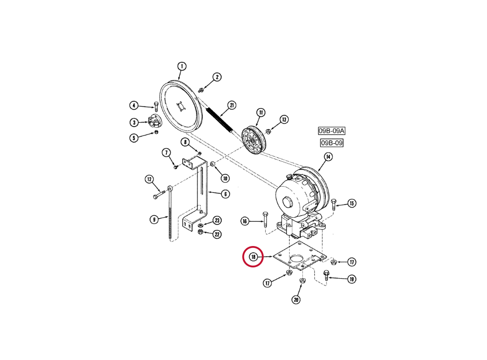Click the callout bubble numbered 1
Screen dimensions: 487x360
click(182, 66)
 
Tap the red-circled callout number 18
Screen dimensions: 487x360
click(253, 257)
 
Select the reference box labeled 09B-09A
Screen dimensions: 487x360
click(331, 131)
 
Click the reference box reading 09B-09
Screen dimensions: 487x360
click(331, 143)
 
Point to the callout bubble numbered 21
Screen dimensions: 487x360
click(232, 105)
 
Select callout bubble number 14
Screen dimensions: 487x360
click(328, 157)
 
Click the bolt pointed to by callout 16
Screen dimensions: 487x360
click(265, 219)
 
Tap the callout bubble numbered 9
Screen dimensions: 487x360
click(155, 220)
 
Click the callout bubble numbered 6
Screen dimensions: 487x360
click(225, 194)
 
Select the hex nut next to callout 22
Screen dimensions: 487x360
click(200, 232)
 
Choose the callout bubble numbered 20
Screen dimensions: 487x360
click(296, 300)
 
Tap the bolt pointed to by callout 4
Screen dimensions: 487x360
click(156, 106)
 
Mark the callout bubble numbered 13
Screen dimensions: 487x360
click(284, 119)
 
